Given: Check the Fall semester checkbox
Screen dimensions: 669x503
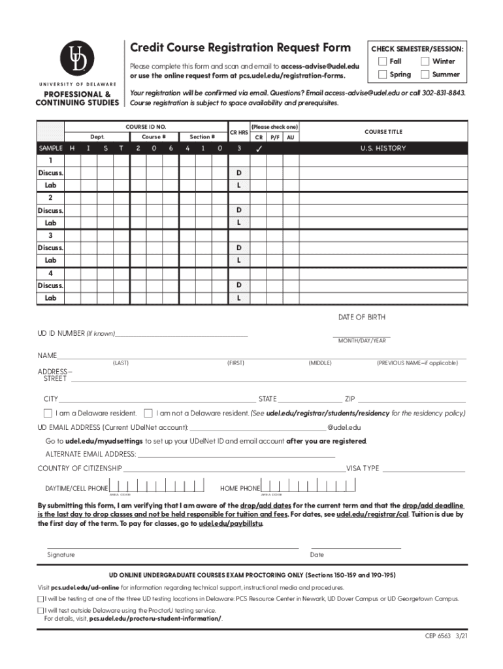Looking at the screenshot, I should coord(383,61).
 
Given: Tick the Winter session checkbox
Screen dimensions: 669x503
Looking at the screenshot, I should coord(425,61).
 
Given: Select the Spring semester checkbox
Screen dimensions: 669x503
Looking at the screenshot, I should coord(383,74).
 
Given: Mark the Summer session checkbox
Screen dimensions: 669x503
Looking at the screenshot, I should coord(425,74).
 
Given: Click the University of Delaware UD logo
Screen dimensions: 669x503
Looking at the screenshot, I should coord(77,59).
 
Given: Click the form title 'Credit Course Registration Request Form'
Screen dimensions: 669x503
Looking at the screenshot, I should coord(240,48).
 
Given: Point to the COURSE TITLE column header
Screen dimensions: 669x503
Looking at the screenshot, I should coord(382,131).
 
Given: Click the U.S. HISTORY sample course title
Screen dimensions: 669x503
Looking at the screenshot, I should coord(383,148).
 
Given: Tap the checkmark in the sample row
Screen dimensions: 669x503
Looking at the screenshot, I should coord(259,149).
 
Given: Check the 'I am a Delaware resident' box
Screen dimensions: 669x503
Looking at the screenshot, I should coord(48,413).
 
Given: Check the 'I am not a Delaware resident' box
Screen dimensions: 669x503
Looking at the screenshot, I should coord(148,413).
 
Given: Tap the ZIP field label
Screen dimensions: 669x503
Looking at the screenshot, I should coord(350,399).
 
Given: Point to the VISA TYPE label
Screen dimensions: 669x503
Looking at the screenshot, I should coord(363,468).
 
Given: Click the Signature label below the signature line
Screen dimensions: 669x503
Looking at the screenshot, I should coord(61,555).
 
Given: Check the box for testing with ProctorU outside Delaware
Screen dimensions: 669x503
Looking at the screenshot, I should coord(41,610).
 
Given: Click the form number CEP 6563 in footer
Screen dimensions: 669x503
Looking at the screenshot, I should coord(434,636).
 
